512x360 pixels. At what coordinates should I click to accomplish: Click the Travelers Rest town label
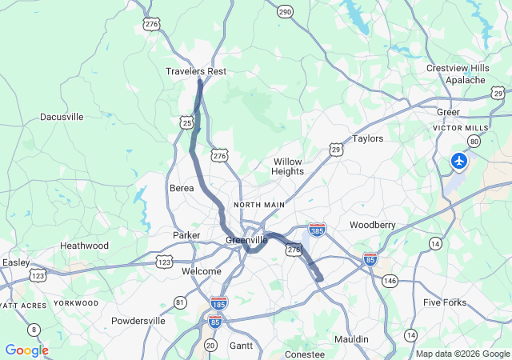tap(196, 71)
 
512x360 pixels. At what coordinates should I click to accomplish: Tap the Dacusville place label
tap(62, 117)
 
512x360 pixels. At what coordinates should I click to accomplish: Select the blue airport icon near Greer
tap(459, 162)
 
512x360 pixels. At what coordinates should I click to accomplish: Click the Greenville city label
tap(246, 240)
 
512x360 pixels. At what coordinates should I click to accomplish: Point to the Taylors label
tap(368, 138)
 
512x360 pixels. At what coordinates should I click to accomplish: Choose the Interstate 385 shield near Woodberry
tap(318, 230)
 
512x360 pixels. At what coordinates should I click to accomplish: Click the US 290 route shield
tap(286, 11)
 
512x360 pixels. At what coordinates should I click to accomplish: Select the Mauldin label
tap(351, 339)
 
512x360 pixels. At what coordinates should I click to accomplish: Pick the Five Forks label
tap(444, 302)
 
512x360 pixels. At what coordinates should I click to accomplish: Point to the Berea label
tap(182, 188)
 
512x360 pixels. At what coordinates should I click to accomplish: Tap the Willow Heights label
tap(288, 166)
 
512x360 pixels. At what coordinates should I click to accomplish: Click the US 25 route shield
tap(186, 122)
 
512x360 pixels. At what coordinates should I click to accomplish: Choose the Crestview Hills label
tap(458, 68)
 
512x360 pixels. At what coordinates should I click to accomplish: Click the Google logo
tap(26, 350)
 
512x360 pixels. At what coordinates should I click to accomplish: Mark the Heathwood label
tap(84, 246)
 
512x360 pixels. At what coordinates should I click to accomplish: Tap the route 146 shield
tap(390, 281)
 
